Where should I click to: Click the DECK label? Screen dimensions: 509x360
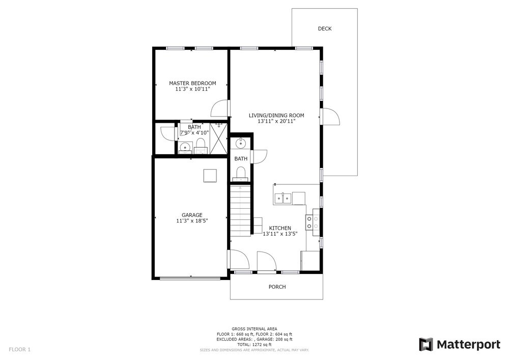click(x=325, y=29)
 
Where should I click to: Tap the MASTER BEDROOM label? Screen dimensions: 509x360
click(x=192, y=83)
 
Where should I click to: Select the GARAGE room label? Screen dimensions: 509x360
click(x=192, y=215)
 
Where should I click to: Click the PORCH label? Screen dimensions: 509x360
click(x=277, y=287)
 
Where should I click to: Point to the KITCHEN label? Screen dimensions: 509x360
click(x=280, y=228)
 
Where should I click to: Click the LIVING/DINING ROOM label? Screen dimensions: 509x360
click(x=276, y=115)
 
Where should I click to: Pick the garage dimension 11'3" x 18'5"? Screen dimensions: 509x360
click(x=192, y=221)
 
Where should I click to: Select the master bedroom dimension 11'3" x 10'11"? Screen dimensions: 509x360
click(x=192, y=89)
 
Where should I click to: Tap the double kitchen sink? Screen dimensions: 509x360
click(x=283, y=198)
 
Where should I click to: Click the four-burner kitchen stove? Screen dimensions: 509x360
click(x=313, y=223)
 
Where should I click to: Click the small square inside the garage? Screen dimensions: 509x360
click(x=210, y=176)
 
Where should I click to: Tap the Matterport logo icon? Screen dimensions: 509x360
click(x=426, y=344)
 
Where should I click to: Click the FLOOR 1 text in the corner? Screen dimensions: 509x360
click(x=19, y=350)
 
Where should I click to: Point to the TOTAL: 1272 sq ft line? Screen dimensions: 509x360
click(x=254, y=344)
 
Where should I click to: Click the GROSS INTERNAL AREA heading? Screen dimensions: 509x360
click(x=254, y=329)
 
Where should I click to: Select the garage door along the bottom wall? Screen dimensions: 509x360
click(x=190, y=278)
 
